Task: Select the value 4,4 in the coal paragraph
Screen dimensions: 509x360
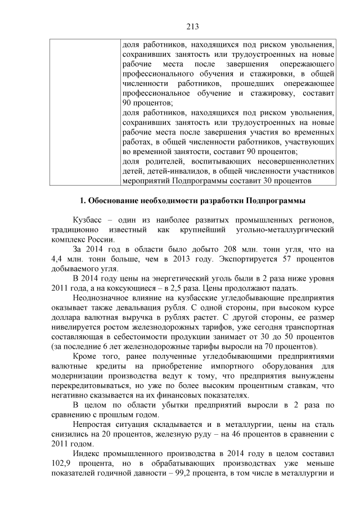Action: pyautogui.click(x=57, y=259)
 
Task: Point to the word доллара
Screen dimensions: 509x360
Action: pyautogui.click(x=65, y=320)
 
